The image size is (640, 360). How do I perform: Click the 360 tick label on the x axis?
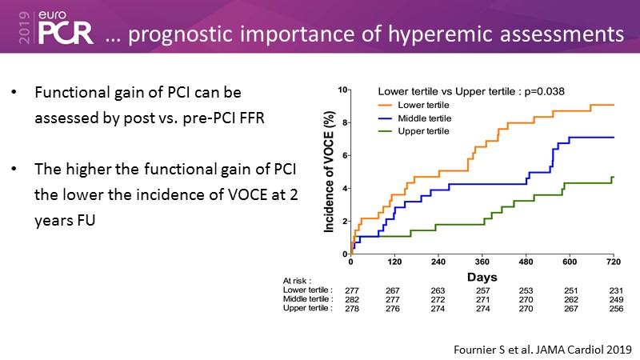click(482, 262)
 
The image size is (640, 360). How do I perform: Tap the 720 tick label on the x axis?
click(613, 262)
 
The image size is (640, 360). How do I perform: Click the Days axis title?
click(482, 275)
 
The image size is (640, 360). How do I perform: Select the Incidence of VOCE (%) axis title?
click(329, 172)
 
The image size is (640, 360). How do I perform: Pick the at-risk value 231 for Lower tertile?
click(613, 289)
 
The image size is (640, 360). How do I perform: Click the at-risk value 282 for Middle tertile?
click(350, 298)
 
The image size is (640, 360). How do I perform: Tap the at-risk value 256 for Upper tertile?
click(613, 308)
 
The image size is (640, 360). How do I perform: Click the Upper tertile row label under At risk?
click(308, 308)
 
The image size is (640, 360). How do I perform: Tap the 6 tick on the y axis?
click(344, 155)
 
